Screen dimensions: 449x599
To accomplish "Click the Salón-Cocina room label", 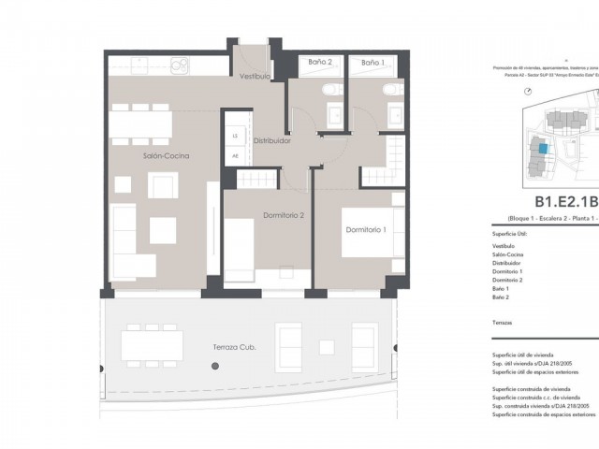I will click(x=167, y=156).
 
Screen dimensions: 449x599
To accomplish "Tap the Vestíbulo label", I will click(x=255, y=76).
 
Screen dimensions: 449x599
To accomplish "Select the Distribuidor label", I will click(x=271, y=141).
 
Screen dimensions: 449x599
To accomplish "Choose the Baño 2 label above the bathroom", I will click(x=321, y=62).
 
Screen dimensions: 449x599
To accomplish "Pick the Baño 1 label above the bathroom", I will click(x=373, y=62).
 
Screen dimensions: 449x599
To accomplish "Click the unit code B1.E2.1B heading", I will click(x=565, y=202).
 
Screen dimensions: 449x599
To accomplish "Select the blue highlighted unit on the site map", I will click(x=543, y=150).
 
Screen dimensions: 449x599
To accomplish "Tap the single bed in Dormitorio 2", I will click(x=240, y=248).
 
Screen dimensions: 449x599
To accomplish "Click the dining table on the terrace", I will click(x=153, y=346).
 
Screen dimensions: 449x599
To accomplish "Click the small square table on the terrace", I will click(x=327, y=346).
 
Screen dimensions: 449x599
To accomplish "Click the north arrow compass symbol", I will click(x=530, y=91).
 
